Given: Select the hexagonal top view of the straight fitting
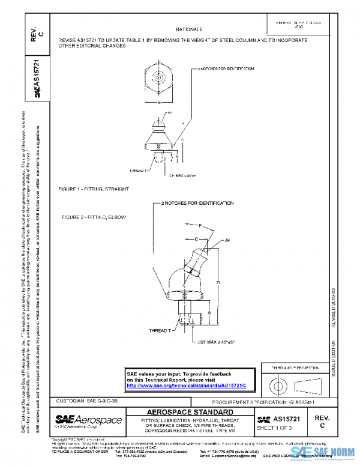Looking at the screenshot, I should click(x=158, y=78).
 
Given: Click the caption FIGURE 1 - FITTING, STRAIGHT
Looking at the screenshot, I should click(x=94, y=189).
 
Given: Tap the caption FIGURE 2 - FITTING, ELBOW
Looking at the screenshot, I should click(x=91, y=216).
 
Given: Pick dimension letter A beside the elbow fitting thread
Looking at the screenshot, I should click(x=209, y=313).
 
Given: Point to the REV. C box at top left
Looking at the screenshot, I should click(x=37, y=37).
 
